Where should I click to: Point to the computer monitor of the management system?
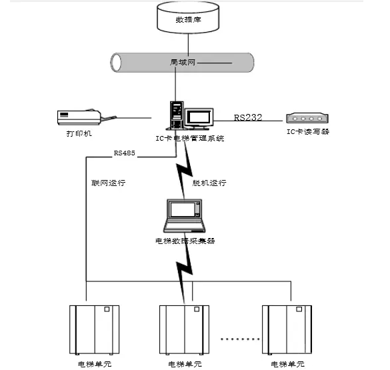click(x=199, y=119)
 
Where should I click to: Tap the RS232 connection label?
click(x=247, y=117)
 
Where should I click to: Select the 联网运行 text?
click(x=108, y=182)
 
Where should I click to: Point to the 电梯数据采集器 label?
click(x=185, y=241)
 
